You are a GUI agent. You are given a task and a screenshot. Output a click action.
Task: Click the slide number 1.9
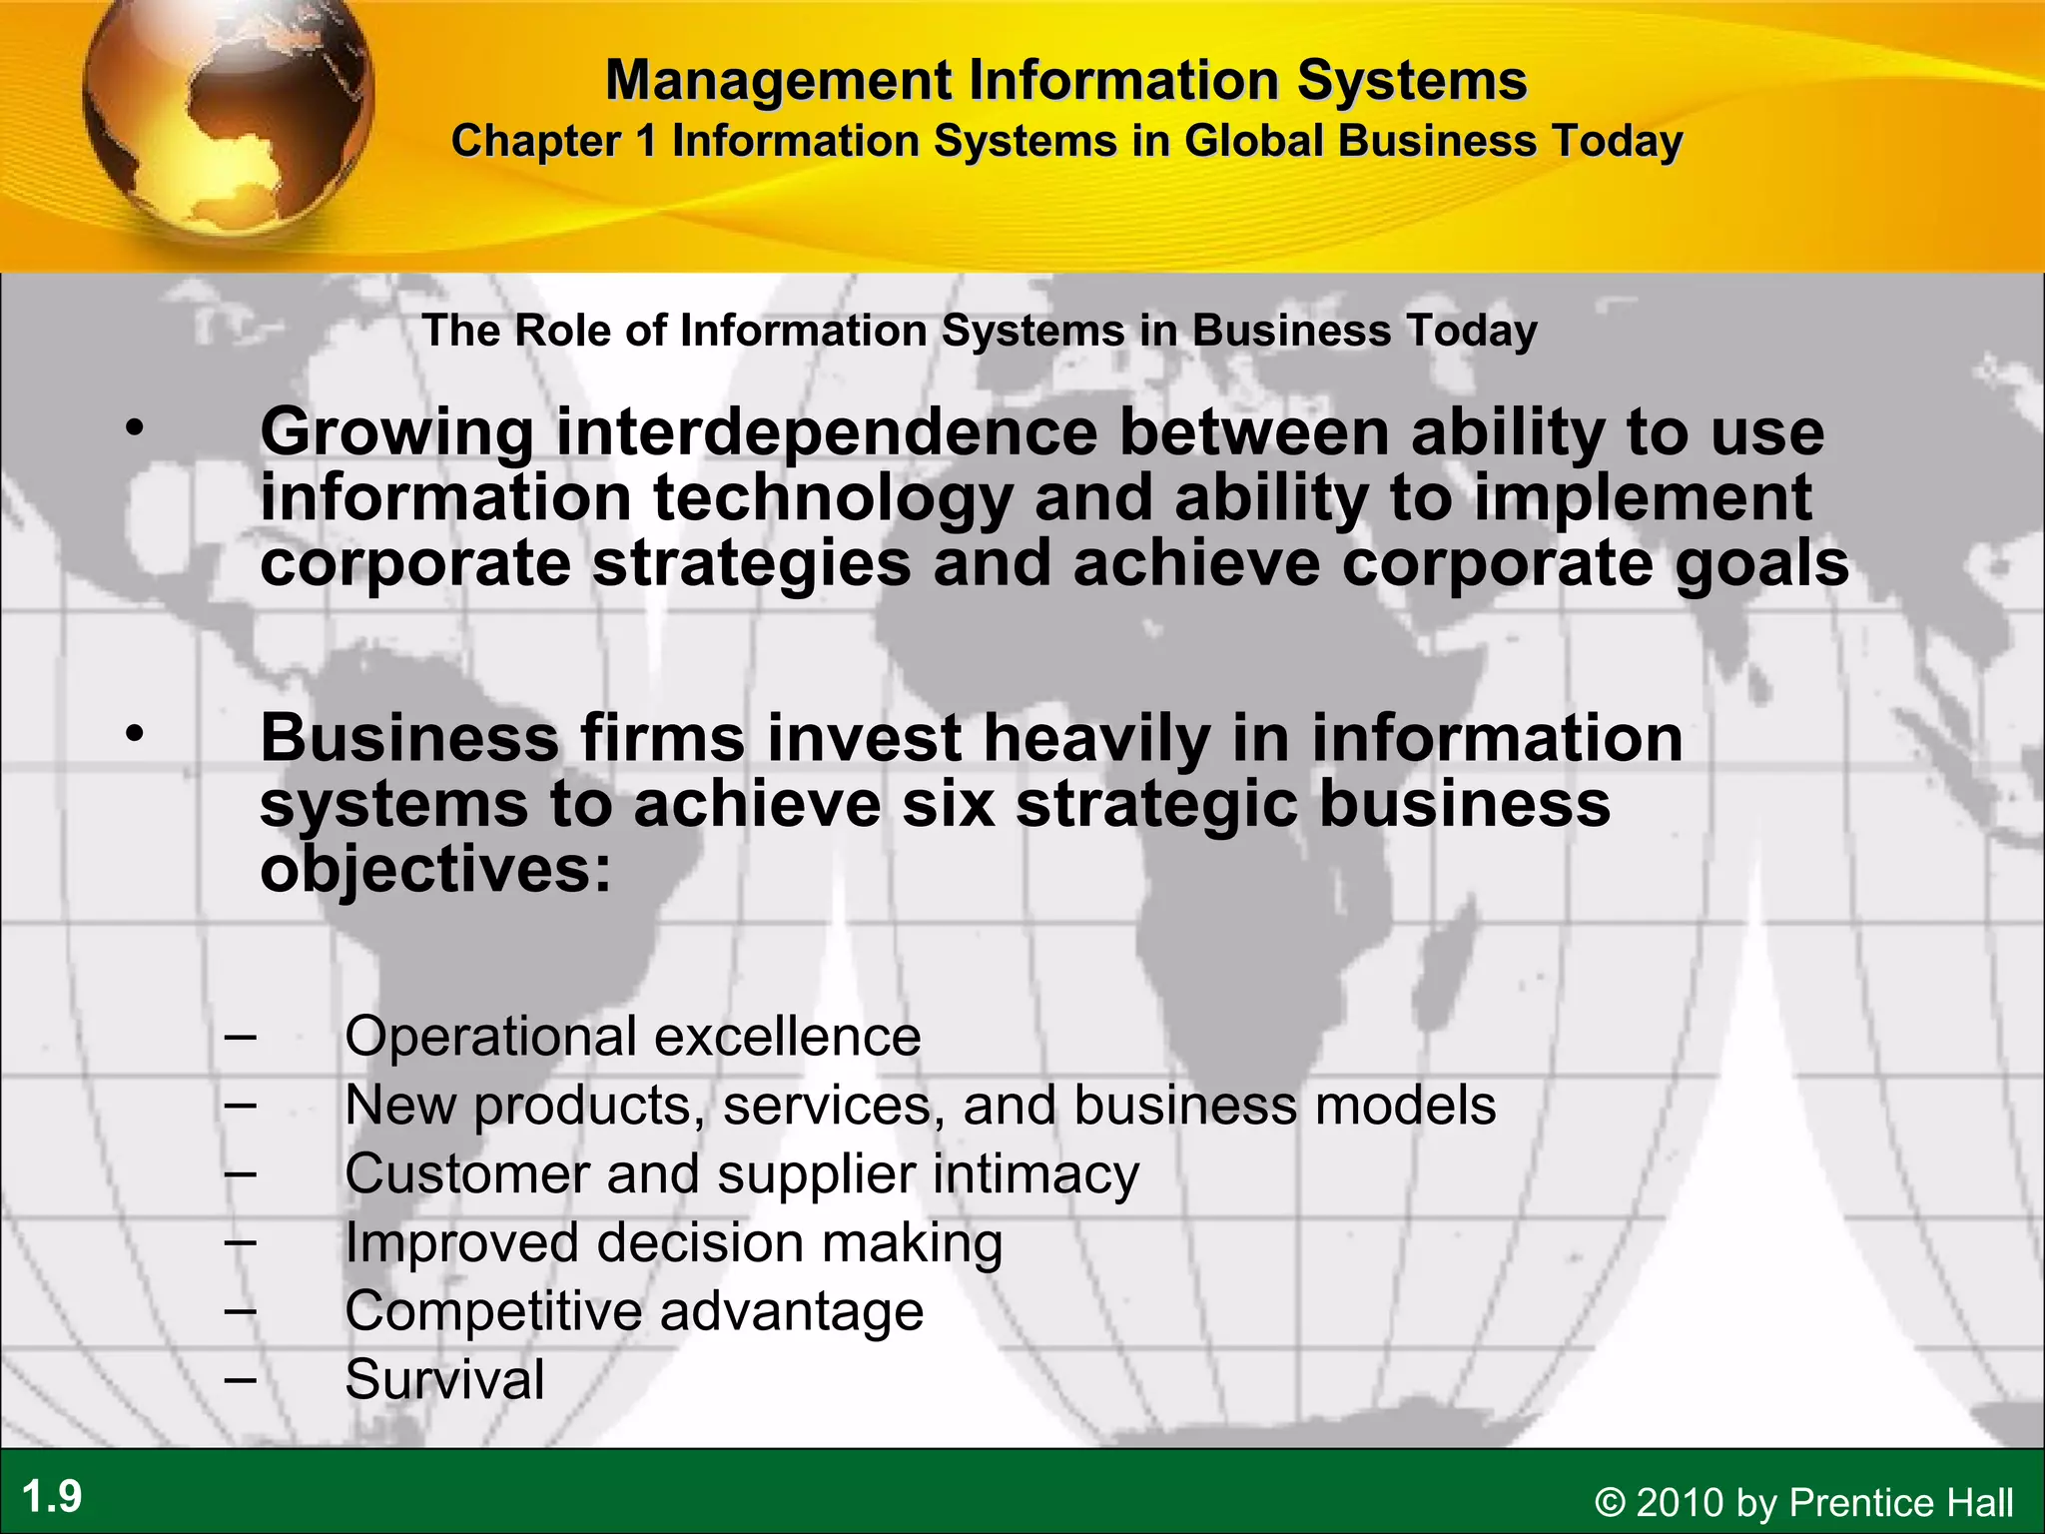(52, 1497)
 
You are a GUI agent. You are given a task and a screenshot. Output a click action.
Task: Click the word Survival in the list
(444, 1379)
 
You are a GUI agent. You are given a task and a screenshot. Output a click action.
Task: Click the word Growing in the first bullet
(397, 433)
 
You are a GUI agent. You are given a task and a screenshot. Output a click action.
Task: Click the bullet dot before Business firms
(135, 734)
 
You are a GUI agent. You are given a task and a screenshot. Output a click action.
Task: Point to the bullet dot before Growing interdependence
(135, 428)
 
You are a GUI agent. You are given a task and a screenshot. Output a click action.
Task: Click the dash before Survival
(240, 1379)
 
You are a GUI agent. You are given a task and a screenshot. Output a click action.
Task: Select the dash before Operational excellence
(240, 1037)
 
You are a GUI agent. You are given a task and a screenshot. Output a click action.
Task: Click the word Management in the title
(778, 80)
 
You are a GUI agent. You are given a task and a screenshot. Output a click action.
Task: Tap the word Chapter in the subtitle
(536, 141)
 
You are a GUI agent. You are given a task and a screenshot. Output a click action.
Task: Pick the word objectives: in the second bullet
(435, 870)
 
